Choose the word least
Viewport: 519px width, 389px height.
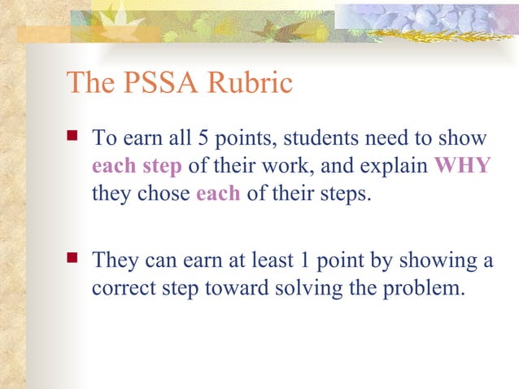click(272, 262)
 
